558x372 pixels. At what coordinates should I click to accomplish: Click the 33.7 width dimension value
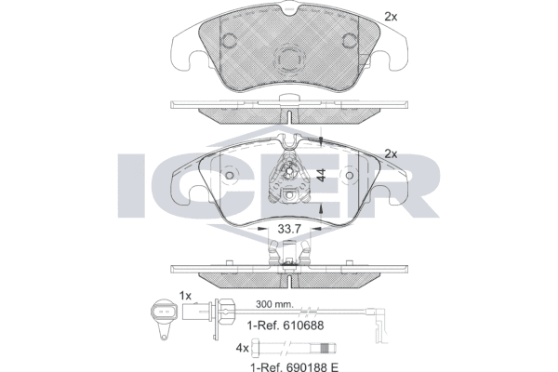point(289,230)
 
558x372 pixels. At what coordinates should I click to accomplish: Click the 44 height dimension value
point(321,176)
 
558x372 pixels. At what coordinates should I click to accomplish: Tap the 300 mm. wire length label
point(275,304)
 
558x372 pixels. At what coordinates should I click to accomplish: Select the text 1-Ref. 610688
point(286,325)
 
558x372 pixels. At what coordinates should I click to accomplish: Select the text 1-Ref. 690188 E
point(295,366)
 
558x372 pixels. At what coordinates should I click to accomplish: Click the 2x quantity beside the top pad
point(391,17)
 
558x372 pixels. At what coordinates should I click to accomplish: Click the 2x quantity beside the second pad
point(391,153)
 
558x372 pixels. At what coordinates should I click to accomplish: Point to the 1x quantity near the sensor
point(185,296)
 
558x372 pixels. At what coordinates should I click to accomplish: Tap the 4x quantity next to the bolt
point(243,348)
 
